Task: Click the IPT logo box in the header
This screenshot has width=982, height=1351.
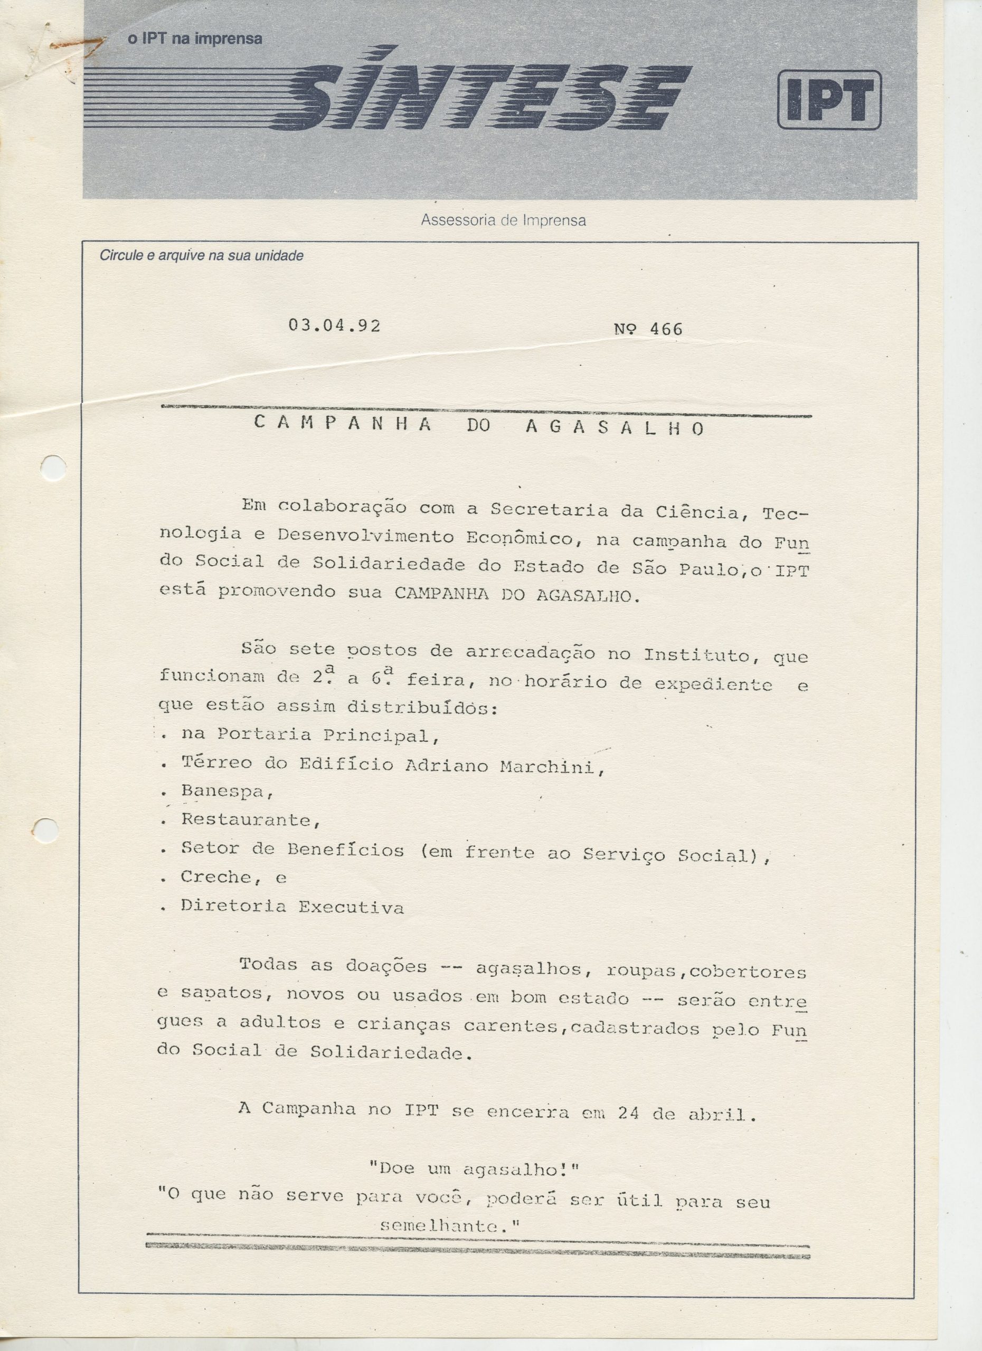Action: click(829, 100)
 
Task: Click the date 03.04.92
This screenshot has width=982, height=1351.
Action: click(334, 325)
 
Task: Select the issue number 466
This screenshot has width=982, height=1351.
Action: click(666, 329)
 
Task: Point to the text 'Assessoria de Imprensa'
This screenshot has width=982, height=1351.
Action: click(503, 221)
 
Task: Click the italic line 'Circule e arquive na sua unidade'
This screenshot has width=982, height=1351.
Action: click(201, 256)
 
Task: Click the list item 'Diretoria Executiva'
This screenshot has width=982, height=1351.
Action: click(292, 907)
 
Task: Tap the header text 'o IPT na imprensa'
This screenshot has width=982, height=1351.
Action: click(195, 39)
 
